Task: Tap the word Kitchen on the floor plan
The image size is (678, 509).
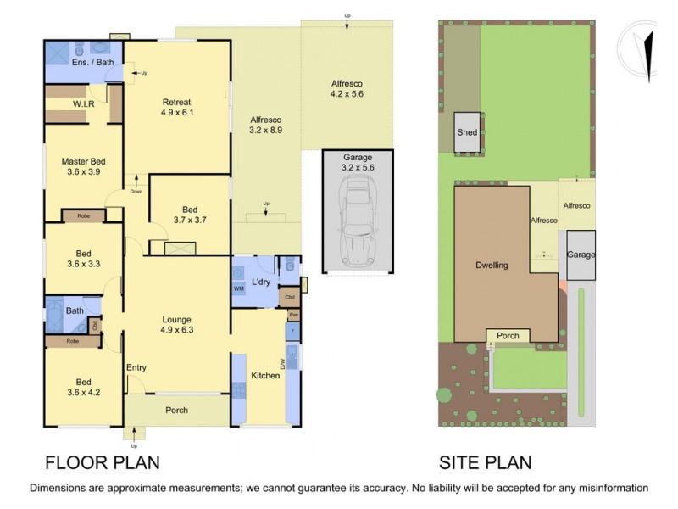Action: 265,375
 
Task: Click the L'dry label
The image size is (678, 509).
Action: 261,282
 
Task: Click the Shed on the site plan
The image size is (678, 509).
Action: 467,133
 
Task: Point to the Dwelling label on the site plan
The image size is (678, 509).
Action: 491,266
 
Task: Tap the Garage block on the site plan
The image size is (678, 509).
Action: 581,255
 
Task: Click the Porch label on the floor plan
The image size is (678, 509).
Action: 176,411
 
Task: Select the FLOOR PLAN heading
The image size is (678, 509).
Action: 102,462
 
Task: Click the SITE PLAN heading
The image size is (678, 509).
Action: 485,462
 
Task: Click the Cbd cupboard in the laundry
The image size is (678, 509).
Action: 289,298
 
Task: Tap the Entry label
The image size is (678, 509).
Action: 136,367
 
